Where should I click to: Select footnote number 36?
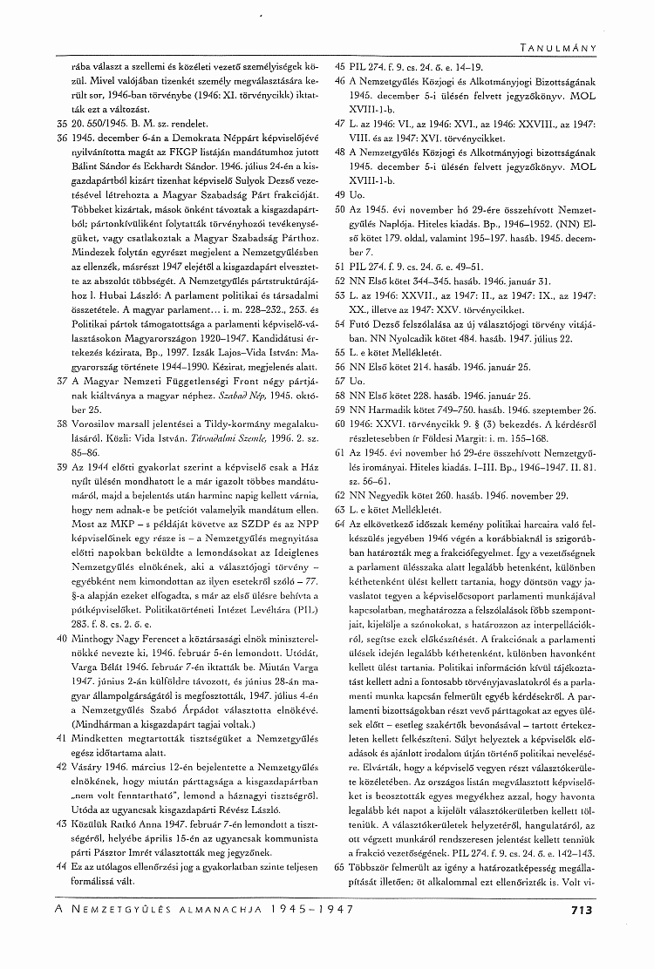(x=37, y=137)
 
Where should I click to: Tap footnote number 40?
(x=37, y=638)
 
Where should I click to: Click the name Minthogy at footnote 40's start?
(x=80, y=638)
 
